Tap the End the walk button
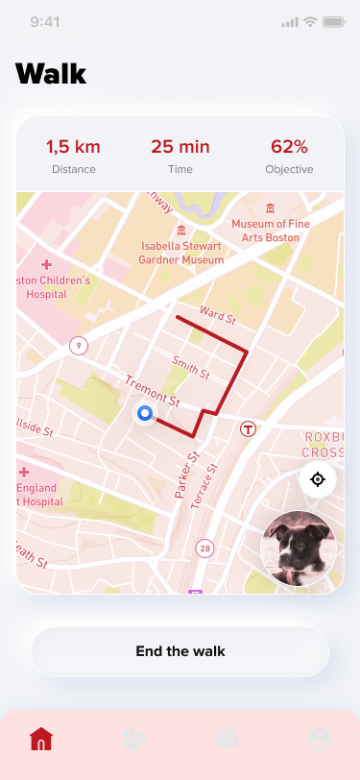point(180,651)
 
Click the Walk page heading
point(51,74)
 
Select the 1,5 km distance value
point(74,147)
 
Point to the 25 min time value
point(180,147)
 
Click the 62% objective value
point(289,147)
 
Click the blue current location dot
point(145,414)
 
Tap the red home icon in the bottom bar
point(41,739)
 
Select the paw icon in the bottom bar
point(134,739)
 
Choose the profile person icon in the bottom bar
point(320,739)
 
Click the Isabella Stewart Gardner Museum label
point(181,253)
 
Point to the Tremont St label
point(152,388)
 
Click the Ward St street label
point(218,314)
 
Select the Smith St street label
point(190,366)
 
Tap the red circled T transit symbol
point(249,429)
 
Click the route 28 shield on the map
point(204,548)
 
